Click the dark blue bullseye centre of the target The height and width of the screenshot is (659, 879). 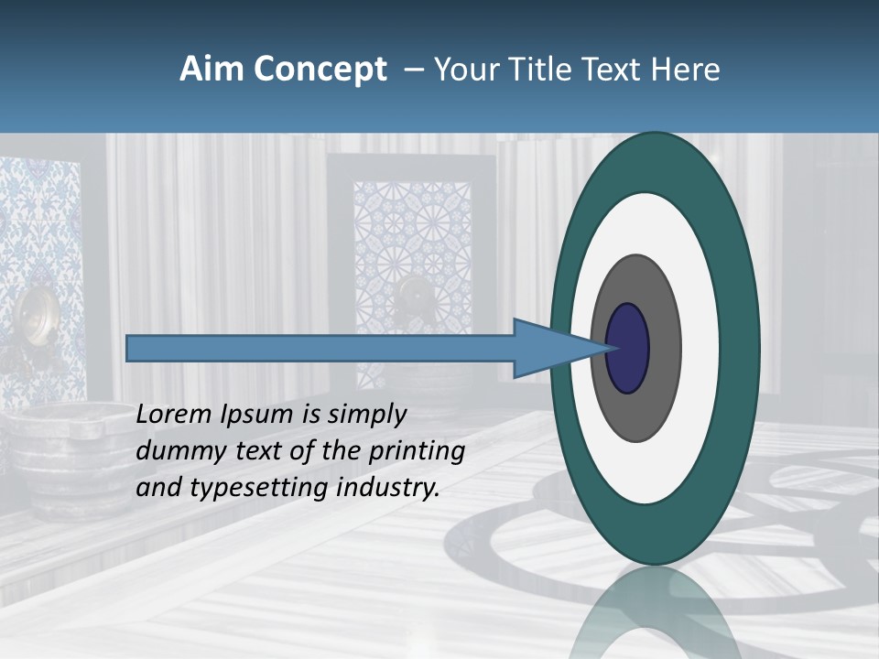[628, 349]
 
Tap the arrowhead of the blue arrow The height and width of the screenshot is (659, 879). [549, 349]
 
